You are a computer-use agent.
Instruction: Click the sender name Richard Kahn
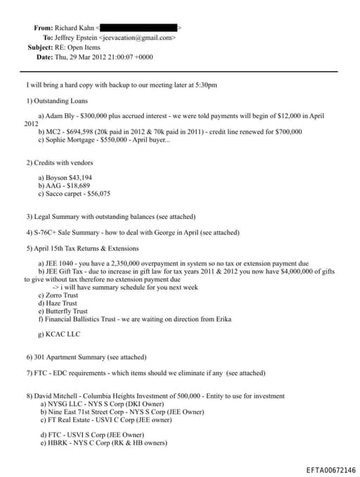tap(79, 27)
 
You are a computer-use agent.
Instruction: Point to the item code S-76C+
tap(47, 232)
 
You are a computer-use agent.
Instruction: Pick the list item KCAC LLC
tap(65, 335)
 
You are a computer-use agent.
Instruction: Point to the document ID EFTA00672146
tap(330, 470)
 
